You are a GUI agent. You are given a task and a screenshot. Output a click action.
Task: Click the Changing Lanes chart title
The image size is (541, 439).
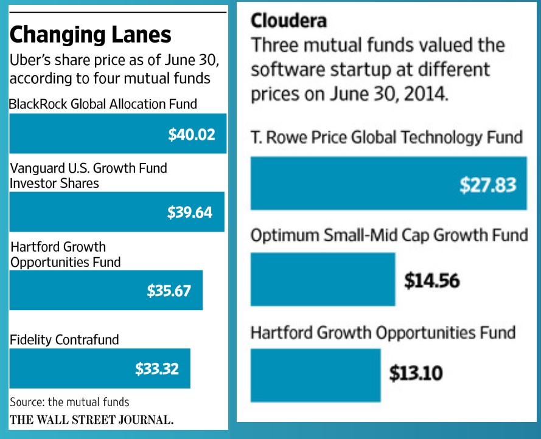pyautogui.click(x=91, y=35)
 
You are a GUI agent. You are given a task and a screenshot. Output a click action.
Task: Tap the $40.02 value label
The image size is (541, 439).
pyautogui.click(x=192, y=134)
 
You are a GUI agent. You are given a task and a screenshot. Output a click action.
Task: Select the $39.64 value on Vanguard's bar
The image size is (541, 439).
pyautogui.click(x=190, y=212)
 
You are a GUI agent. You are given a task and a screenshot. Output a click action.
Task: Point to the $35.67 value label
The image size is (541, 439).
pyautogui.click(x=169, y=291)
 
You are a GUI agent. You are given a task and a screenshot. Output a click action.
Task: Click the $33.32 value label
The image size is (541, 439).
pyautogui.click(x=157, y=368)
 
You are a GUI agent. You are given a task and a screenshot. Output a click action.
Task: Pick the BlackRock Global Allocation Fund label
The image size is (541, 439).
pyautogui.click(x=103, y=104)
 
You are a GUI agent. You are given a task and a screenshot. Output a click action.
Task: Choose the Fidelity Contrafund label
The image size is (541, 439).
pyautogui.click(x=65, y=340)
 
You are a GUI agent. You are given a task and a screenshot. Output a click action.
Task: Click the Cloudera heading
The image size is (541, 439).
pyautogui.click(x=288, y=20)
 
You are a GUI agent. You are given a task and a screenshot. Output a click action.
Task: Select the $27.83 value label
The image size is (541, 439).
pyautogui.click(x=488, y=185)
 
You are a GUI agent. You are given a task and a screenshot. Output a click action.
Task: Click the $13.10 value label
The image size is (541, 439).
pyautogui.click(x=416, y=373)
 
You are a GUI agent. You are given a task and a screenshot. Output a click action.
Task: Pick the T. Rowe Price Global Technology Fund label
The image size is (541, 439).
pyautogui.click(x=386, y=137)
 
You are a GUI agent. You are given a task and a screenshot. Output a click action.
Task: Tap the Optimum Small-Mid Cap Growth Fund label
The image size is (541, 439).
pyautogui.click(x=389, y=235)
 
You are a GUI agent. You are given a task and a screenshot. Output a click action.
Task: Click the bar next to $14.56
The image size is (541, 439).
pyautogui.click(x=323, y=280)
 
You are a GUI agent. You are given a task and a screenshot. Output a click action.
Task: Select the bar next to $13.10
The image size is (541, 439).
pyautogui.click(x=315, y=375)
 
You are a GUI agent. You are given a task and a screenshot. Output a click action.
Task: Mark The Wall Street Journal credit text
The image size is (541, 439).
pyautogui.click(x=91, y=420)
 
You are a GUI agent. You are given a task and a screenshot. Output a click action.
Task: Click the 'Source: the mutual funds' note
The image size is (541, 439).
pyautogui.click(x=69, y=402)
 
